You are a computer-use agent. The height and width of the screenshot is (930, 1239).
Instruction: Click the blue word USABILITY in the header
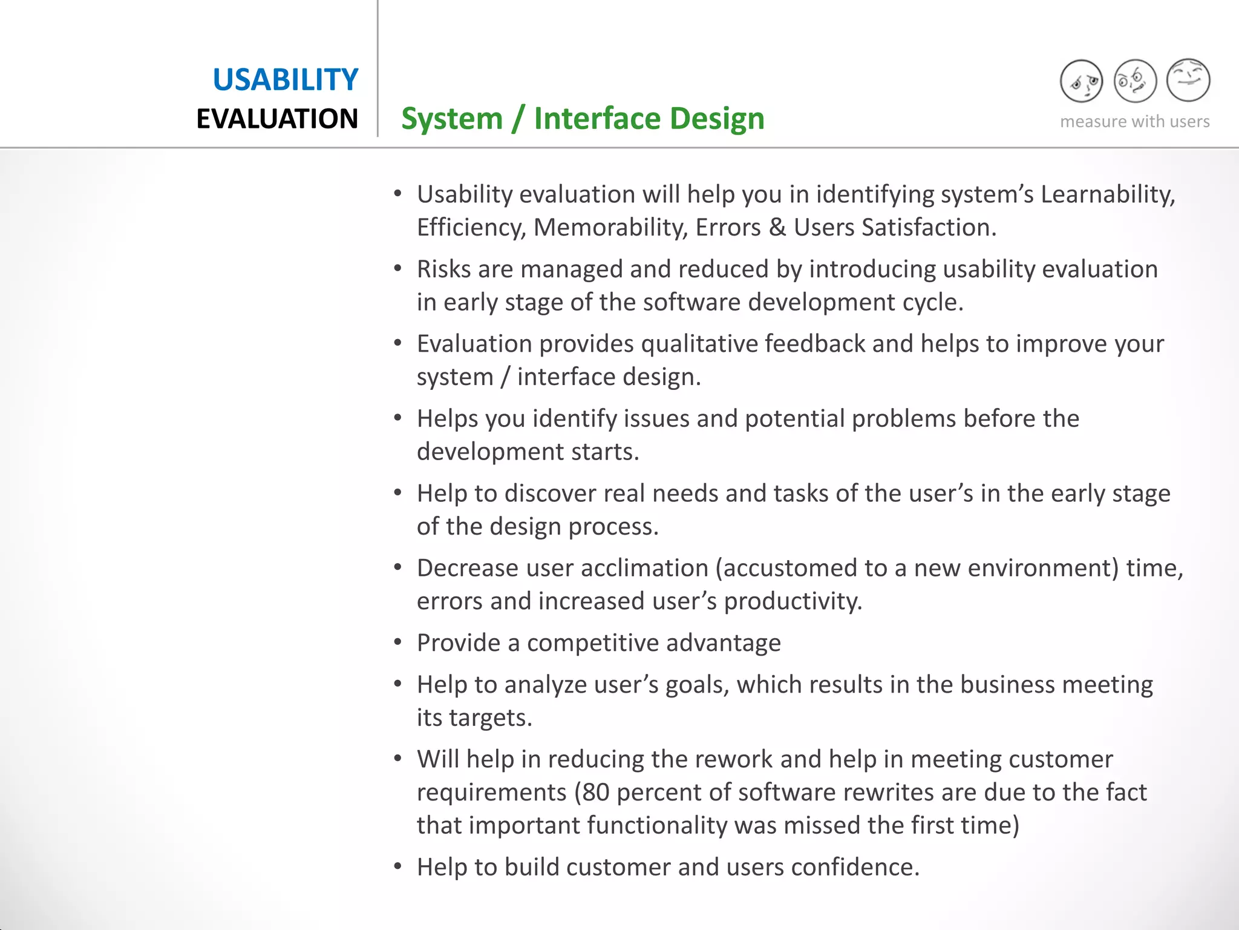[285, 80]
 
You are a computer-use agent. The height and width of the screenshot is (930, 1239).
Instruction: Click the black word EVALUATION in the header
[277, 119]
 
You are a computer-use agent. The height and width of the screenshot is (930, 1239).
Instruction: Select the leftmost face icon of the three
[1081, 81]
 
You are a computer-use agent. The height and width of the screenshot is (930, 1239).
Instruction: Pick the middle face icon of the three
[1134, 81]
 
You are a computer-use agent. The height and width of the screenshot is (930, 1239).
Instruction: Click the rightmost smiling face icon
[1188, 80]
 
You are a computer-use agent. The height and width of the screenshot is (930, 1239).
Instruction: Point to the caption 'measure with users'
[1134, 122]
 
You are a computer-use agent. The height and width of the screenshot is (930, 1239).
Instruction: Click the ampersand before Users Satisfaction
[777, 228]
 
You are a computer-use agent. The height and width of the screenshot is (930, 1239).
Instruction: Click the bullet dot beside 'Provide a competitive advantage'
[397, 642]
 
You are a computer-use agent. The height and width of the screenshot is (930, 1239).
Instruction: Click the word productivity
[793, 602]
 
